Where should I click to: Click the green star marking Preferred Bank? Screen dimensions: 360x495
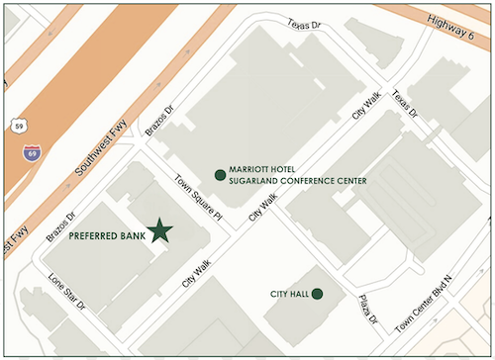pyautogui.click(x=159, y=231)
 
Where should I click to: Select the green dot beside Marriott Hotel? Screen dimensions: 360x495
pyautogui.click(x=220, y=174)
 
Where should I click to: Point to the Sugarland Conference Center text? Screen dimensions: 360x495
pyautogui.click(x=298, y=182)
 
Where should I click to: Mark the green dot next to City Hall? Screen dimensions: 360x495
pyautogui.click(x=317, y=294)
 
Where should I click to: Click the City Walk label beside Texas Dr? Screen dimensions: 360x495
pyautogui.click(x=365, y=102)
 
